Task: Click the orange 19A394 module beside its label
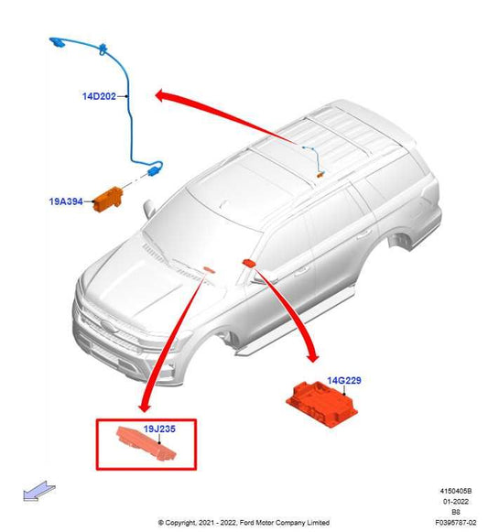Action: tap(114, 196)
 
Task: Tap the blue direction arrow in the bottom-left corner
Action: tap(37, 493)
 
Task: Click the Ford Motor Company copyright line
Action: tap(244, 521)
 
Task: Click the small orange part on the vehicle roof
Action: tap(320, 171)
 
